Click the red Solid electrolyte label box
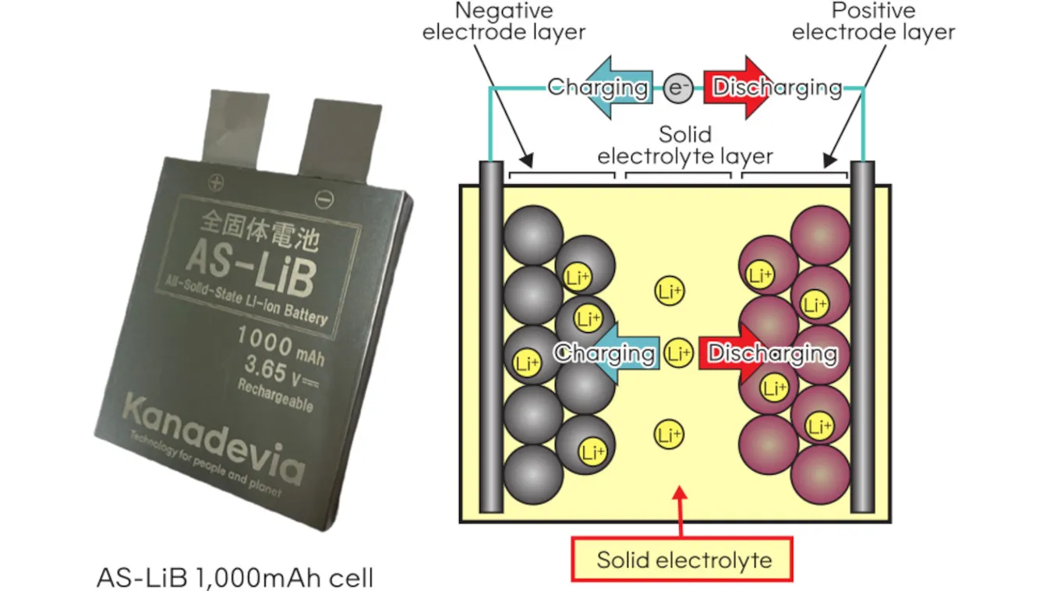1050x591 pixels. tap(683, 559)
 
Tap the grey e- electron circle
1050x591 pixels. tap(677, 87)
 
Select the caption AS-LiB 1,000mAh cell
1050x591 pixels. tap(235, 578)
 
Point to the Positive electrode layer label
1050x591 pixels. tap(873, 22)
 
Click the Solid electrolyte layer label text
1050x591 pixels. tap(685, 144)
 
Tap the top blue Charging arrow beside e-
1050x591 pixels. tap(616, 87)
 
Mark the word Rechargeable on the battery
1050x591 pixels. tap(275, 395)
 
